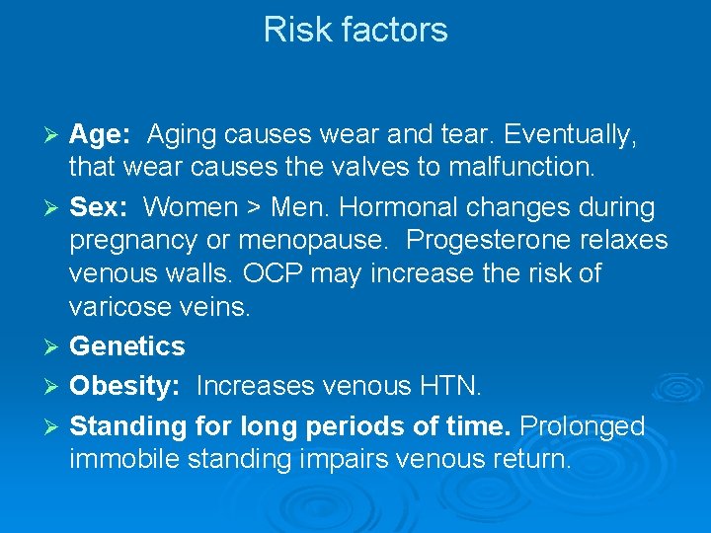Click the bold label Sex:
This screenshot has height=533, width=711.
[x=98, y=208]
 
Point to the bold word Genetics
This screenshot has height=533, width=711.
[x=127, y=346]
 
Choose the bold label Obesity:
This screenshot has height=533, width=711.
[x=124, y=387]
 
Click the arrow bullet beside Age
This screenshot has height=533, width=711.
[x=55, y=134]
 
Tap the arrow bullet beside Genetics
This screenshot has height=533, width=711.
[x=55, y=346]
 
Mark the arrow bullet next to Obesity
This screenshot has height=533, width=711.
[x=55, y=386]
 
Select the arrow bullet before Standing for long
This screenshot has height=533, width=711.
[x=55, y=426]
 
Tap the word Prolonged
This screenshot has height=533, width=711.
[x=582, y=426]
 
